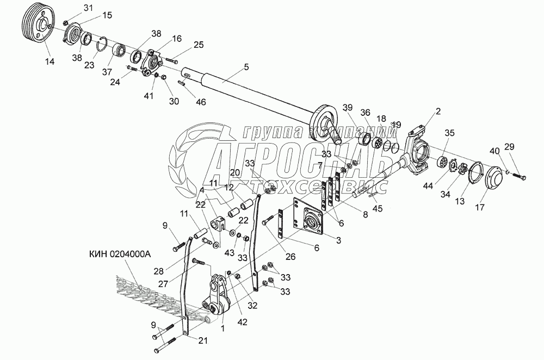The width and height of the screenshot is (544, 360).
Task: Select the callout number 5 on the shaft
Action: [x=246, y=67]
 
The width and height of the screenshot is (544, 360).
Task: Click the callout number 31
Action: [x=89, y=7]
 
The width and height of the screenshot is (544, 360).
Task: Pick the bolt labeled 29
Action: [x=520, y=176]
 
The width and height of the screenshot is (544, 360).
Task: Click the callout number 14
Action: [x=50, y=62]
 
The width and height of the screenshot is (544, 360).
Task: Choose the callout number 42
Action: [x=242, y=322]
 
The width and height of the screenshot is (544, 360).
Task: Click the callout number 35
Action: [x=449, y=132]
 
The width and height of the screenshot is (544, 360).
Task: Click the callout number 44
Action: [x=428, y=186]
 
